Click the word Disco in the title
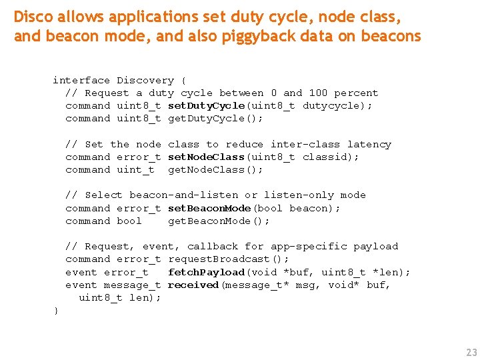coord(32,16)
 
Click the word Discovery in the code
coord(145,80)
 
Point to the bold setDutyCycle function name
coord(206,105)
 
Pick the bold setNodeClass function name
coord(206,157)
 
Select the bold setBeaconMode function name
coord(209,208)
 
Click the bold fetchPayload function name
coord(206,272)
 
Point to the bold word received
coord(193,285)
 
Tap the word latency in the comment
coord(369,144)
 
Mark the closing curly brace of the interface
coord(56,311)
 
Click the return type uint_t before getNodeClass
coord(135,169)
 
